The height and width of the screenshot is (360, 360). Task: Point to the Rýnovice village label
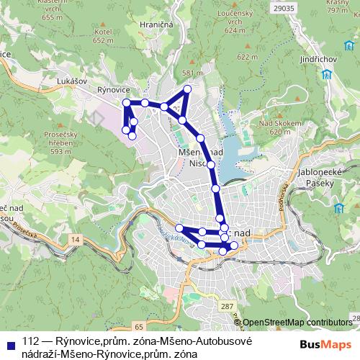tap(111, 90)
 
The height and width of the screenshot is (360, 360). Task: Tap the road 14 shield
tap(77, 238)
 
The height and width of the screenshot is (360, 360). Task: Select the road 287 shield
tap(227, 307)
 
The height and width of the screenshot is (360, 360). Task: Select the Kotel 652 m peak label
tap(104, 37)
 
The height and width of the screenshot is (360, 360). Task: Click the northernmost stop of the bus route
tap(188, 89)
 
